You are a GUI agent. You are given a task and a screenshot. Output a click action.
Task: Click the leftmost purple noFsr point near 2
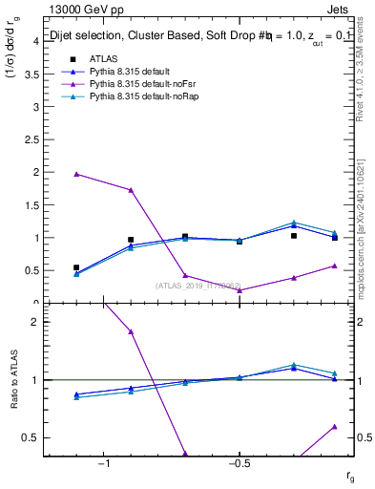pyautogui.click(x=76, y=174)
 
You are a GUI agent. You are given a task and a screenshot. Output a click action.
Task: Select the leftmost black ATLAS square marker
pyautogui.click(x=76, y=268)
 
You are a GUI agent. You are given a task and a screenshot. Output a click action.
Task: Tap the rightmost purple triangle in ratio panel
pyautogui.click(x=334, y=427)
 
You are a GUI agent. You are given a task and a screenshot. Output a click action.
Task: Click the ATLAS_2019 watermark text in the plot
pyautogui.click(x=198, y=285)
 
